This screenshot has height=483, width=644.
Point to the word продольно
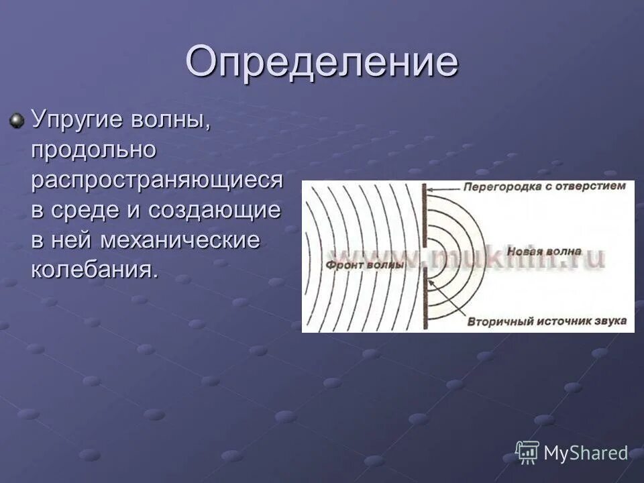[x=94, y=150]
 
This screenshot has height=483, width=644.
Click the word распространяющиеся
[x=157, y=180]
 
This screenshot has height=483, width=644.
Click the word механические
[x=180, y=239]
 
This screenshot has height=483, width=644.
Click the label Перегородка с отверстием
[x=545, y=186]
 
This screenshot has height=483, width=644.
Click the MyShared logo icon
[x=527, y=452]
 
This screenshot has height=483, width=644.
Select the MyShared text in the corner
[x=586, y=453]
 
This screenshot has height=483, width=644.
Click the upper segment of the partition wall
[x=425, y=215]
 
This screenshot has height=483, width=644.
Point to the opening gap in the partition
[x=425, y=258]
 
